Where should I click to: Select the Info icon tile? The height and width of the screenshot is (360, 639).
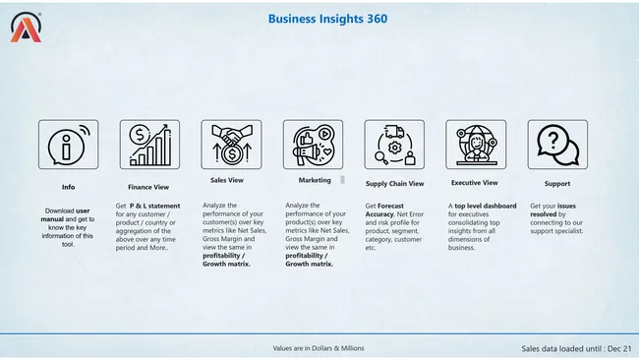(68, 145)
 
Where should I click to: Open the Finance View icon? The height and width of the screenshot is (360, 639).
(149, 145)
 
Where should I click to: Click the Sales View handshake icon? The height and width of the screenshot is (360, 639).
(231, 145)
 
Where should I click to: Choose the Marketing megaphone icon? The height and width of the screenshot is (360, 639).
(313, 145)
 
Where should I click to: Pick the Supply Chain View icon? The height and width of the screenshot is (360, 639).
(394, 145)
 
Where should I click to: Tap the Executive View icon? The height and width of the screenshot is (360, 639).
(476, 145)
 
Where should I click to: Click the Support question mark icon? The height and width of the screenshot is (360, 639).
(557, 145)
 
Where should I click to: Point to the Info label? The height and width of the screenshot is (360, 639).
(68, 186)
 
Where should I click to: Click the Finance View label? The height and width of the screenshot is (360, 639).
(149, 186)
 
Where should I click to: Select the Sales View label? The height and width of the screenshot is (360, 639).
(227, 181)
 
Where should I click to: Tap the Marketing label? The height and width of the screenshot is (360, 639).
(315, 181)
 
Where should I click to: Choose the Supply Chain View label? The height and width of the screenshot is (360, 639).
(394, 184)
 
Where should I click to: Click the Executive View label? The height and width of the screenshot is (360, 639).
(475, 183)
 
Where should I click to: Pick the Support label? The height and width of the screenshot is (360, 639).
(557, 184)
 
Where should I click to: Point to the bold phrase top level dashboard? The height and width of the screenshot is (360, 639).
(486, 206)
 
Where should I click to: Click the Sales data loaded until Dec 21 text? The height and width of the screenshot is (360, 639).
(576, 348)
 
